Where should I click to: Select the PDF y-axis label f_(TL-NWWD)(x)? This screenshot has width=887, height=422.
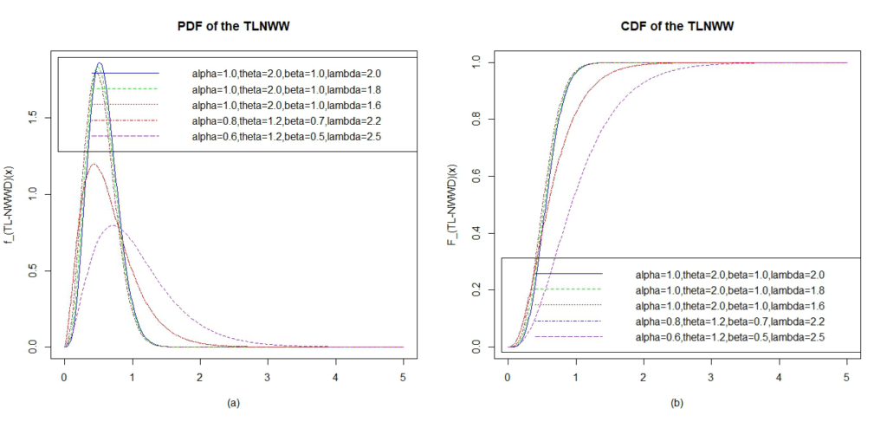pyautogui.click(x=10, y=202)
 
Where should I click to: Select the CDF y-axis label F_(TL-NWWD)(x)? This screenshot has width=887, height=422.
pyautogui.click(x=452, y=202)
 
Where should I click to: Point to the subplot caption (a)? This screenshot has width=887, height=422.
pyautogui.click(x=234, y=403)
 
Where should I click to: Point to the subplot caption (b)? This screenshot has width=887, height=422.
pyautogui.click(x=677, y=403)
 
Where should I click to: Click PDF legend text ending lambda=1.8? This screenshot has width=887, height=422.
pyautogui.click(x=287, y=89)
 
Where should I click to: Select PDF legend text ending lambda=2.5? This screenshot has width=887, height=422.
pyautogui.click(x=287, y=136)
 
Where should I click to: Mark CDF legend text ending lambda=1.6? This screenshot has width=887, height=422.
pyautogui.click(x=730, y=305)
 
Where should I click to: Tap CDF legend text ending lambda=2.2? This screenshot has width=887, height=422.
pyautogui.click(x=730, y=321)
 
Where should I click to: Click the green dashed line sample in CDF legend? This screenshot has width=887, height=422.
pyautogui.click(x=568, y=289)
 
